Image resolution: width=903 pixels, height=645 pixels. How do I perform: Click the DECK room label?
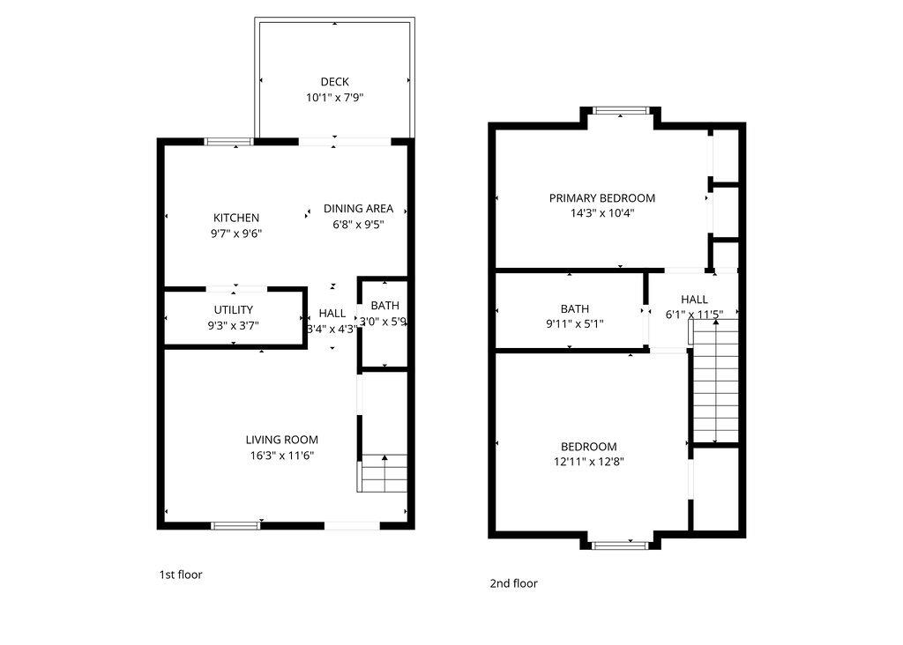click(334, 82)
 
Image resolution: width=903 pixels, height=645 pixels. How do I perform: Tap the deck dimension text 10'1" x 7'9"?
click(334, 98)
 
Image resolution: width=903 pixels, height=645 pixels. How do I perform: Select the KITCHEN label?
click(236, 218)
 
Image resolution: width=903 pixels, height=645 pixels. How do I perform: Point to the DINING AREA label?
click(358, 209)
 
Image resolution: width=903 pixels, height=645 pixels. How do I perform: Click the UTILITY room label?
click(234, 309)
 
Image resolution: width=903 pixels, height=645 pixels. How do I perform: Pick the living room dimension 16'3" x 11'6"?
click(281, 456)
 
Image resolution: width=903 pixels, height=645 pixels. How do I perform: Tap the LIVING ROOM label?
click(281, 440)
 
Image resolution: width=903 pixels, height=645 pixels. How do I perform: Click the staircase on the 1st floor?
click(384, 473)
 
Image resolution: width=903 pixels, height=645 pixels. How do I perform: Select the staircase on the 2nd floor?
click(714, 381)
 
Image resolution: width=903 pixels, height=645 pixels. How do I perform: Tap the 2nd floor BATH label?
click(574, 308)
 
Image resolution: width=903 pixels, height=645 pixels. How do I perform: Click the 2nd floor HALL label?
click(694, 300)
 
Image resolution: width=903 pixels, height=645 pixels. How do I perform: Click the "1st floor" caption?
click(180, 575)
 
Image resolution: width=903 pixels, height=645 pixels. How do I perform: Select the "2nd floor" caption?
click(513, 583)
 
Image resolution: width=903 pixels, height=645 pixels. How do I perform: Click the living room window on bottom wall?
click(235, 526)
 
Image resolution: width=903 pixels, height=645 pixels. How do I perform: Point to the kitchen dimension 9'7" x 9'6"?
click(236, 234)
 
